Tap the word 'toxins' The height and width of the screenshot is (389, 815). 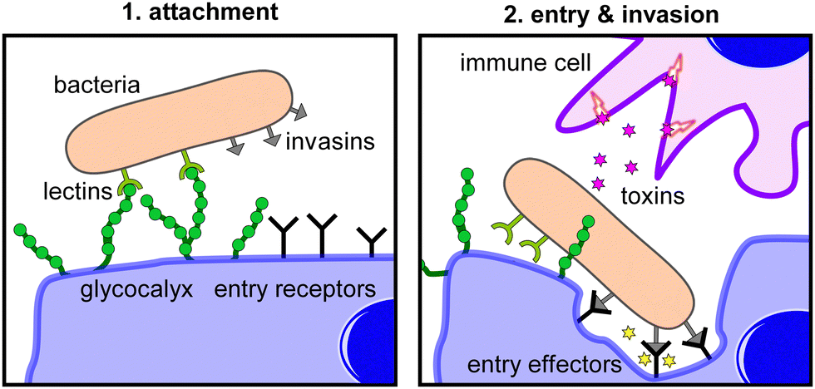tap(652, 196)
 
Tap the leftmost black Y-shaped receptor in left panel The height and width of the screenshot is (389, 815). tap(284, 235)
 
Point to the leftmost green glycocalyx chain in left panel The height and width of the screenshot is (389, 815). tap(38, 244)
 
